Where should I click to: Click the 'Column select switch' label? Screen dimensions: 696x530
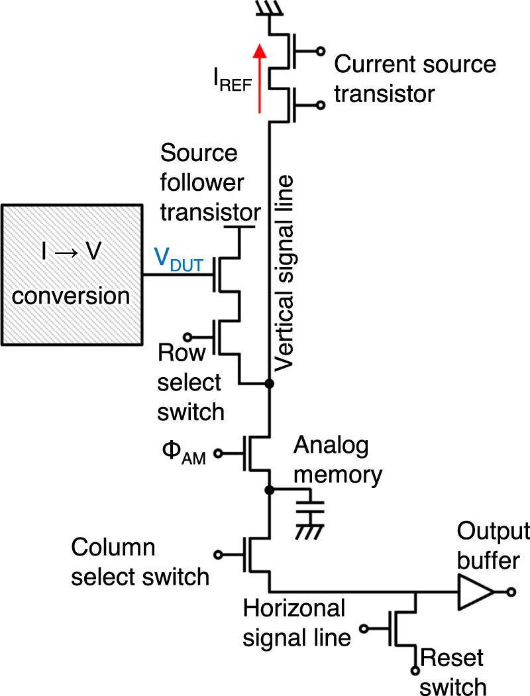pos(140,562)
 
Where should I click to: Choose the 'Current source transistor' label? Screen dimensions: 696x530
pos(415,79)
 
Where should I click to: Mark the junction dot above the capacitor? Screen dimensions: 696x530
pos(270,491)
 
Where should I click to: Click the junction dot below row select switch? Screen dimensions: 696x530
pos(270,384)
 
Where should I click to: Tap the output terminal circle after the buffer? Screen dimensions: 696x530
pos(510,591)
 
